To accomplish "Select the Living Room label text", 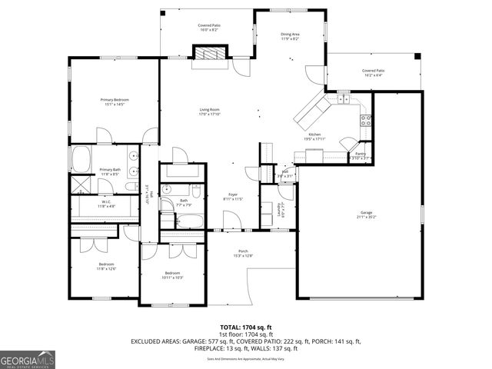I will tap(210, 112).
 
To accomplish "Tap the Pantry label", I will tap(361, 155).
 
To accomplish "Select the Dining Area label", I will tap(290, 36).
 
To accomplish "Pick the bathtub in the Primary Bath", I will tap(82, 161).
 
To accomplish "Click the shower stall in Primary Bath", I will tap(81, 184).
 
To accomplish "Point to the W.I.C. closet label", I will tap(106, 204).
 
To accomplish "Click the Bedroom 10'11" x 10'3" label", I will tap(173, 275).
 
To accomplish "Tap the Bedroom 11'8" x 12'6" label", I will tap(105, 266).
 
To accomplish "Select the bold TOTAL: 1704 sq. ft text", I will tap(246, 327).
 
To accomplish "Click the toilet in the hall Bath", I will tap(196, 189).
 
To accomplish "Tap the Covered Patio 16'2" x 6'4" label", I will tap(374, 72).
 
